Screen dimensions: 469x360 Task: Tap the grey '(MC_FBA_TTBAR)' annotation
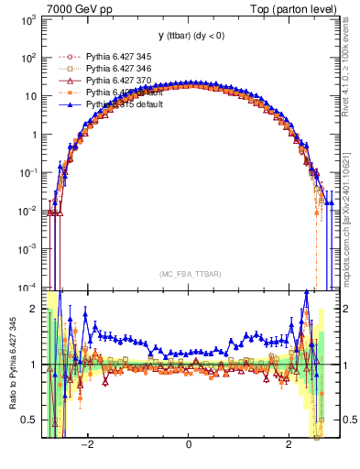pyautogui.click(x=189, y=273)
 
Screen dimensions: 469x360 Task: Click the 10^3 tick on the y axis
pyautogui.click(x=30, y=19)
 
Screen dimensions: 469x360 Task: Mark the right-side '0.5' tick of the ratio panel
pyautogui.click(x=342, y=420)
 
